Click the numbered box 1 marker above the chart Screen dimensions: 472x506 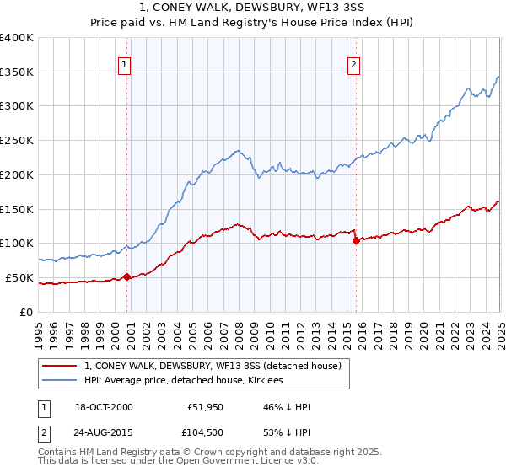coord(124,63)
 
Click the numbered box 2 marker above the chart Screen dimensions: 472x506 coord(353,63)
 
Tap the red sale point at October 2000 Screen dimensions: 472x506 coord(127,276)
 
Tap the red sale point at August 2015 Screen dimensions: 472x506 coord(356,240)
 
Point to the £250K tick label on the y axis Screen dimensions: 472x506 coord(17,141)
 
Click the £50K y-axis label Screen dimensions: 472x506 coord(19,277)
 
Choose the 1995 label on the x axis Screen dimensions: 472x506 coord(39,330)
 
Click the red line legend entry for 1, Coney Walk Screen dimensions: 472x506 coord(212,366)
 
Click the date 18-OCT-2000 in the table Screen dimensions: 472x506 coord(105,407)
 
